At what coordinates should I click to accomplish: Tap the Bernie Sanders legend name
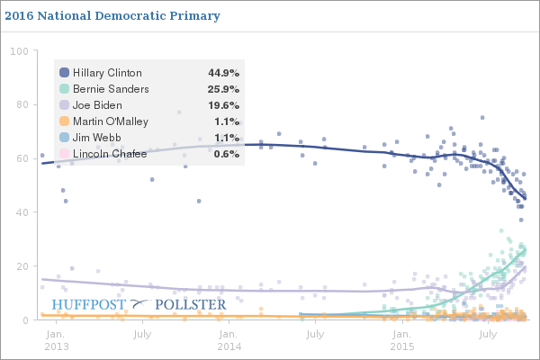111,89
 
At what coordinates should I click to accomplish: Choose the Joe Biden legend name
100,105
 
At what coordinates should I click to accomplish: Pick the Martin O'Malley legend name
112,121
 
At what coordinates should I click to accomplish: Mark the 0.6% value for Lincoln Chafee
226,154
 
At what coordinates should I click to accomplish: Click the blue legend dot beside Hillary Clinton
64,73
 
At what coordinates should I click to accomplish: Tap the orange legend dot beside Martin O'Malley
64,121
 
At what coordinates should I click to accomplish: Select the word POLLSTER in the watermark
190,305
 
